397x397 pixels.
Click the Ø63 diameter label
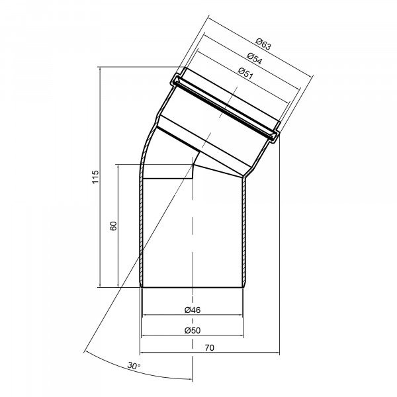[263, 44]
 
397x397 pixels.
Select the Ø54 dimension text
[255, 58]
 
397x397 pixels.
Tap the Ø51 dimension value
[245, 73]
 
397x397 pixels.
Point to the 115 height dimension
[95, 177]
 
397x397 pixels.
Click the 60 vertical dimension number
[113, 226]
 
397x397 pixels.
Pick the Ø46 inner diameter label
[193, 310]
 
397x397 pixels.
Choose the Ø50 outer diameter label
[193, 330]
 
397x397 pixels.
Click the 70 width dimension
[209, 348]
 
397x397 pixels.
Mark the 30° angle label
[134, 366]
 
